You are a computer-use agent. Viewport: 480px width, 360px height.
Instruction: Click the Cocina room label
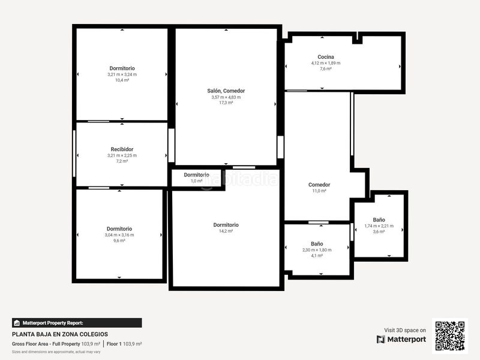click(x=326, y=57)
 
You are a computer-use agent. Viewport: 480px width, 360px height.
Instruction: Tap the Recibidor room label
click(x=122, y=149)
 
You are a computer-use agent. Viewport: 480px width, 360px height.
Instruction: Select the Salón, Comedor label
click(x=226, y=91)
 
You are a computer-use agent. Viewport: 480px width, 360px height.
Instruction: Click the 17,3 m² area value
click(x=226, y=103)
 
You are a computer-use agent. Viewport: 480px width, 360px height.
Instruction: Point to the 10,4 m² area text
click(x=122, y=80)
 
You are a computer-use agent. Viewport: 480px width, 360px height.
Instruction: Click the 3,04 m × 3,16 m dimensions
click(x=119, y=235)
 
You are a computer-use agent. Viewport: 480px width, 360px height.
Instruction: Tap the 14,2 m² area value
click(x=226, y=231)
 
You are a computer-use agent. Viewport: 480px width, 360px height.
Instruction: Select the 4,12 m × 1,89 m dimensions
click(x=326, y=63)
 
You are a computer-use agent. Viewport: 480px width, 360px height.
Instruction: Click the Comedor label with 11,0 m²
click(x=319, y=185)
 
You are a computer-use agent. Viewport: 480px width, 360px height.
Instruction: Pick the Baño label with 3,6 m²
click(x=379, y=220)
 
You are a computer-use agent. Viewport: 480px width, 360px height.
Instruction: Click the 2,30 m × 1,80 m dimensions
click(x=317, y=250)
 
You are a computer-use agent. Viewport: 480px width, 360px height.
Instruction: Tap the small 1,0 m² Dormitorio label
click(x=197, y=175)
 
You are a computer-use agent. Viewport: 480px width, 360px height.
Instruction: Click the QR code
click(x=450, y=335)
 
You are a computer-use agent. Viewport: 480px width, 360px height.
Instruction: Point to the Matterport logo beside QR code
click(x=401, y=339)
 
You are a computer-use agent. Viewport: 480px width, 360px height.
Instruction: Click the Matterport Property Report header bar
click(x=77, y=323)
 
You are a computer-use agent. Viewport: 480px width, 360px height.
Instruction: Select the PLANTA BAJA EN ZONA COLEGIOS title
click(x=60, y=334)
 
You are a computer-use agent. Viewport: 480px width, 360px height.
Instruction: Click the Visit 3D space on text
click(x=405, y=330)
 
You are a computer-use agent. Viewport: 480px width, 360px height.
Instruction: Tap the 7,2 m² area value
click(x=122, y=161)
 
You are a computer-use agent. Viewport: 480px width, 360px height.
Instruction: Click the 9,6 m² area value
click(x=119, y=241)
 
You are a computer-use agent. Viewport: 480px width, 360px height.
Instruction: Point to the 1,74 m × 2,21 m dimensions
click(x=379, y=226)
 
